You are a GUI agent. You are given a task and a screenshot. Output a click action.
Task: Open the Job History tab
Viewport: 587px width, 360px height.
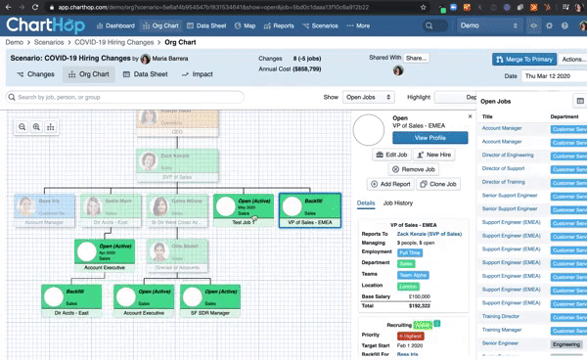click(398, 203)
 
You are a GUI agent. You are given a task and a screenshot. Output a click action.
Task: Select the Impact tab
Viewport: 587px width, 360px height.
click(198, 74)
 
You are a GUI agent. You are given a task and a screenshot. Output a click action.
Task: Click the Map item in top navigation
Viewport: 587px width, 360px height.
click(248, 25)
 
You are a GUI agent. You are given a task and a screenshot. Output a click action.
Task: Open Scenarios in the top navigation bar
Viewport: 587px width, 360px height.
click(321, 25)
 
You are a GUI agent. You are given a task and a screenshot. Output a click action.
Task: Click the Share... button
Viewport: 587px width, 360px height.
click(417, 59)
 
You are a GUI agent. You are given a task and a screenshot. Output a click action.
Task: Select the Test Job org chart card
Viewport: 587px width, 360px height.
click(243, 209)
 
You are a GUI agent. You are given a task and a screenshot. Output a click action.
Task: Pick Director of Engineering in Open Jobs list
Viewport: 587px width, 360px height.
click(508, 155)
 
